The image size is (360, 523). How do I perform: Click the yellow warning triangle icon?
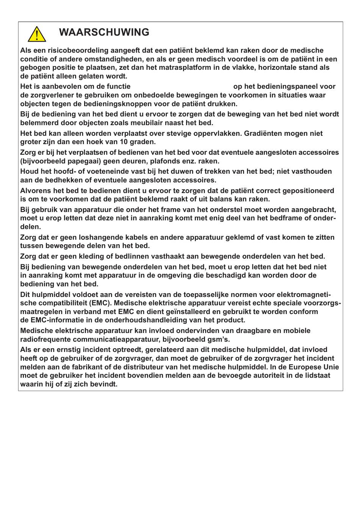(x=37, y=34)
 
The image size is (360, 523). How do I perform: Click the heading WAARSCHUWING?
(x=104, y=33)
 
